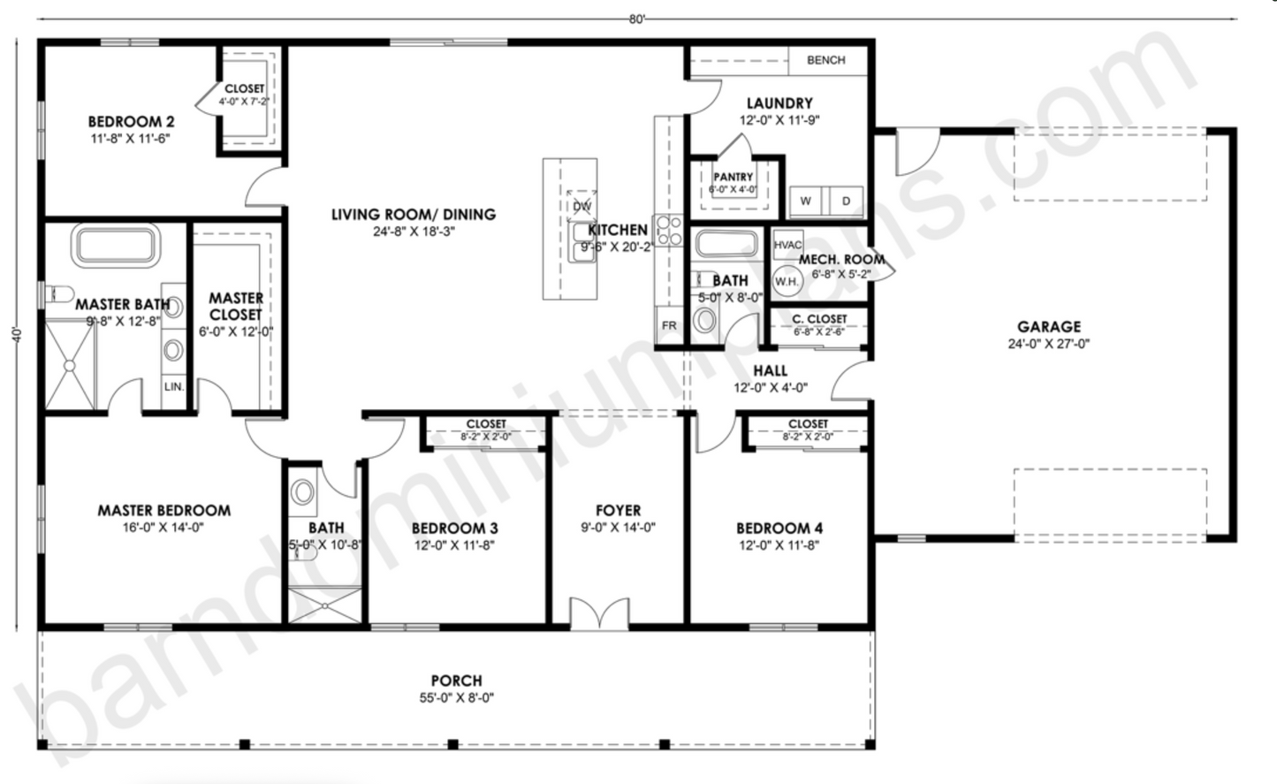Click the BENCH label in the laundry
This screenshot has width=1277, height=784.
(x=825, y=60)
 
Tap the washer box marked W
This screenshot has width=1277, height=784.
(x=805, y=201)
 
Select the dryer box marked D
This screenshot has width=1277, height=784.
(x=846, y=201)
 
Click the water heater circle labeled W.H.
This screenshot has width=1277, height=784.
(x=787, y=281)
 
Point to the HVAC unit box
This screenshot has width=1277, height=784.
(x=787, y=245)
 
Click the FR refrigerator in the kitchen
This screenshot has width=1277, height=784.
(x=669, y=325)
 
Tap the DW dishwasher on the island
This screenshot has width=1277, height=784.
(x=581, y=206)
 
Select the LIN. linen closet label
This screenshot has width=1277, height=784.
(x=174, y=386)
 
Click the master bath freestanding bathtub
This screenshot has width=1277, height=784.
(x=117, y=245)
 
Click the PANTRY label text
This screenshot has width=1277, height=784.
(x=733, y=177)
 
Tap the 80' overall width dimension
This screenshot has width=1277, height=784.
(x=637, y=19)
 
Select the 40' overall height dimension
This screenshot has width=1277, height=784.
(x=17, y=335)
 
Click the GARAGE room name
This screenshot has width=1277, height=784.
(x=1049, y=326)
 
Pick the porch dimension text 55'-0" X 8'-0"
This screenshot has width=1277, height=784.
(x=456, y=697)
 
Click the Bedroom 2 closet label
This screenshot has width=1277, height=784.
(x=244, y=88)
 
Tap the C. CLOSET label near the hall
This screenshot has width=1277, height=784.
(x=819, y=318)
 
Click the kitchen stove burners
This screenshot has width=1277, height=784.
(x=667, y=231)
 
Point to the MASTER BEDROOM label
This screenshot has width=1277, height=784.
(x=163, y=510)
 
